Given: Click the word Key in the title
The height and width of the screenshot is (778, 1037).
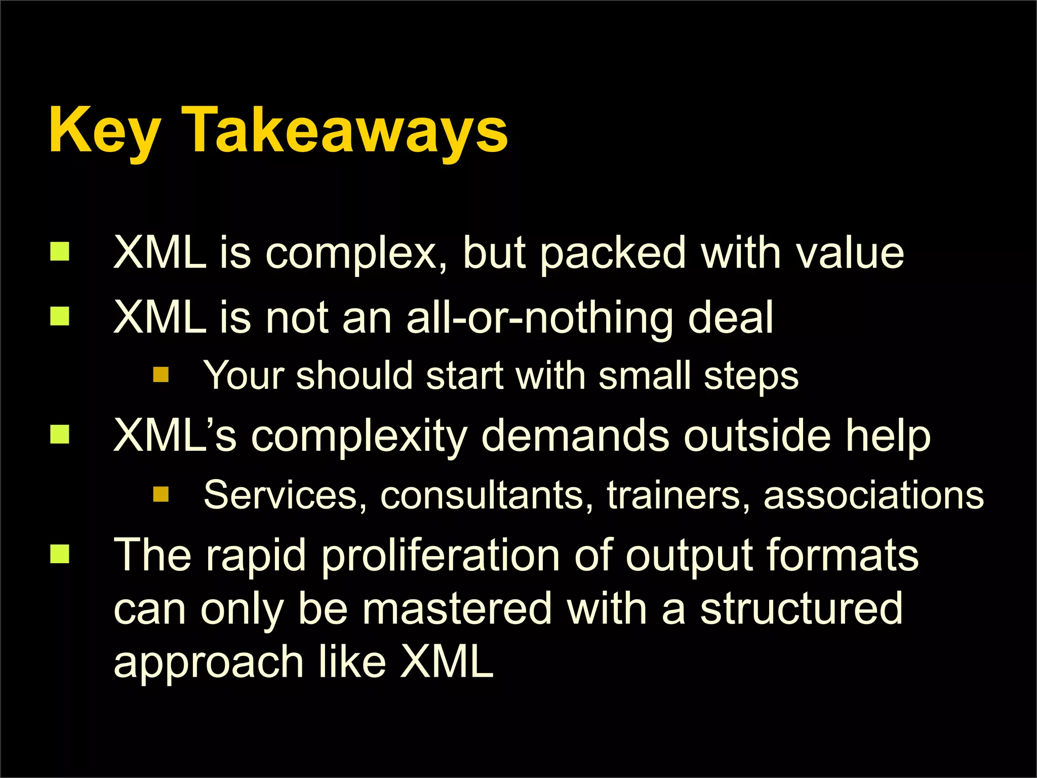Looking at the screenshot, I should [105, 130].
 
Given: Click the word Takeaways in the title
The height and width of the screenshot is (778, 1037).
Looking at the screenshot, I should [344, 130].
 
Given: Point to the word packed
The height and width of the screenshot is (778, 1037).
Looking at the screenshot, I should [613, 253].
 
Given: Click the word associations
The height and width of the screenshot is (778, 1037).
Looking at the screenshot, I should [873, 495].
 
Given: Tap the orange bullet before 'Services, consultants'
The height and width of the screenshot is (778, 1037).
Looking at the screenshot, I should [161, 494].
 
